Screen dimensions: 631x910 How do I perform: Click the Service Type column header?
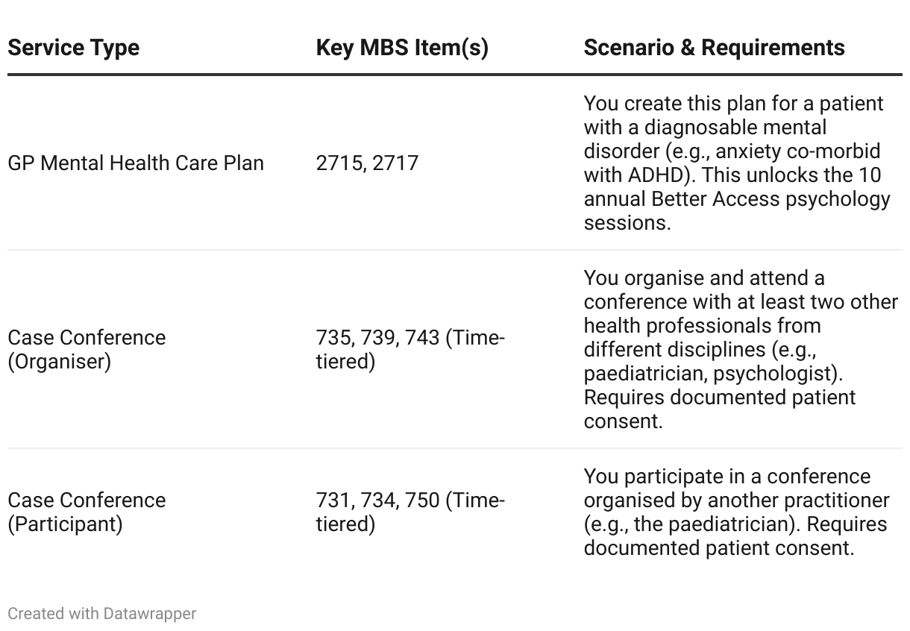(x=73, y=48)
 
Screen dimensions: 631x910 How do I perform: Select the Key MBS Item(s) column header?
(x=402, y=48)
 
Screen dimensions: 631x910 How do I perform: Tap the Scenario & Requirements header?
(x=714, y=48)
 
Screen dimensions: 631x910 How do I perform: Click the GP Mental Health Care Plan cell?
(x=136, y=163)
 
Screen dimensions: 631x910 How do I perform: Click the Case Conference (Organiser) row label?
(x=87, y=349)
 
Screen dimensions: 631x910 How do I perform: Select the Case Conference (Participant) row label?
(x=87, y=512)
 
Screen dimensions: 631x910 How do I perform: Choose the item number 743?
(x=423, y=337)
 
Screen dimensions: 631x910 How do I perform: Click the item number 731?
(x=333, y=500)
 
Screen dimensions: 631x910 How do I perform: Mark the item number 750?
(x=422, y=500)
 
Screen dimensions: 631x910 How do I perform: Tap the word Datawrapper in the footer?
(x=149, y=614)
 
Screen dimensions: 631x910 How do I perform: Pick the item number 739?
(x=379, y=337)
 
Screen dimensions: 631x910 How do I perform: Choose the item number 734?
(x=377, y=500)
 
